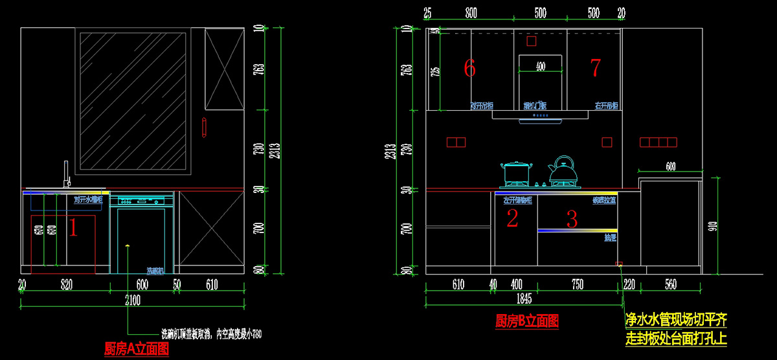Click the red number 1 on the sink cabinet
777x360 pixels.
pyautogui.click(x=73, y=227)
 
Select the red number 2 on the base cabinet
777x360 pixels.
pyautogui.click(x=512, y=219)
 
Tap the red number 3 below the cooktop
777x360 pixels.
pyautogui.click(x=572, y=219)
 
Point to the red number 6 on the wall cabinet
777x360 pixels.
pyautogui.click(x=470, y=67)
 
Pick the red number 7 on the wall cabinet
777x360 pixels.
pyautogui.click(x=595, y=67)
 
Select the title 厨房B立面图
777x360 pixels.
pyautogui.click(x=526, y=320)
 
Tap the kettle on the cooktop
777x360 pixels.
pyautogui.click(x=562, y=170)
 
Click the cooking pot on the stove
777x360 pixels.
pyautogui.click(x=516, y=173)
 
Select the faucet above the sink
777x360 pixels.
pyautogui.click(x=65, y=175)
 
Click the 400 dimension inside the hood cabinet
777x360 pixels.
pyautogui.click(x=540, y=66)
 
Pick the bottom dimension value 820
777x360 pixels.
pyautogui.click(x=66, y=284)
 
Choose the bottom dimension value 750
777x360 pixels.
pyautogui.click(x=577, y=284)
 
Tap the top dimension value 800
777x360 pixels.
pyautogui.click(x=471, y=13)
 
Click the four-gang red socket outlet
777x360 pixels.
pyautogui.click(x=658, y=142)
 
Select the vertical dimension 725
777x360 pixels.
pyautogui.click(x=434, y=71)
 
